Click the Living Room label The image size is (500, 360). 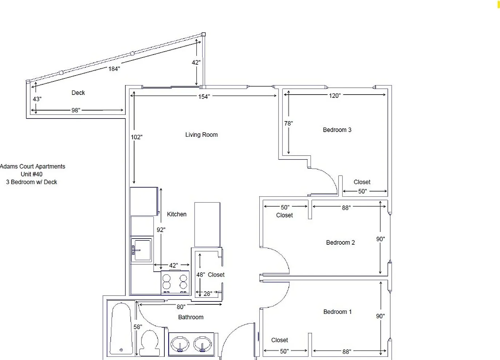tap(201, 135)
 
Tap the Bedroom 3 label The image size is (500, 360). tap(337, 130)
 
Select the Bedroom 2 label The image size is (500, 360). tap(340, 243)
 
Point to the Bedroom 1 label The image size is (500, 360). tap(337, 312)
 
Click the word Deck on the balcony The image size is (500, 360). tap(78, 93)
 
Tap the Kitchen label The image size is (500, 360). tap(177, 214)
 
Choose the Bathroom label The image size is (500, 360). tap(191, 317)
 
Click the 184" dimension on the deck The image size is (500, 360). tap(114, 69)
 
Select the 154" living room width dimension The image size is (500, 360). tap(204, 97)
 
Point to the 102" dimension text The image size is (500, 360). tap(137, 137)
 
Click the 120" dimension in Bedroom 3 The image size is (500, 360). tap(335, 96)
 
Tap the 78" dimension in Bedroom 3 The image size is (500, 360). tap(289, 123)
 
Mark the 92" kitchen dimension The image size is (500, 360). tap(161, 230)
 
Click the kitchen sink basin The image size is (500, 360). tap(142, 250)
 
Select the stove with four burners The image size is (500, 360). tap(175, 283)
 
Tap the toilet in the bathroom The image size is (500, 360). tap(150, 343)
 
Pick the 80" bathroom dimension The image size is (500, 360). tap(181, 307)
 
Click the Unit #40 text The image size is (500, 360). tap(32, 174)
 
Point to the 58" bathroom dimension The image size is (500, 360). tap(138, 327)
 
